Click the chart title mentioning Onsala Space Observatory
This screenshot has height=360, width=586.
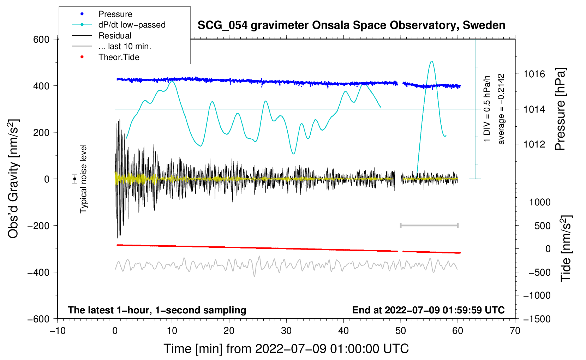point(351,25)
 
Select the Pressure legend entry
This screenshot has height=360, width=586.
point(115,14)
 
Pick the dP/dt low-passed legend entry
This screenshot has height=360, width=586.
point(132,25)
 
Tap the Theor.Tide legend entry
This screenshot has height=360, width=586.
point(119,57)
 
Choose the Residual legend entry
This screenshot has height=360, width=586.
point(115,36)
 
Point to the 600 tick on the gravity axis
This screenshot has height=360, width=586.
point(41,40)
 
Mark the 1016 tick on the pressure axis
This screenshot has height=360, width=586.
point(534,74)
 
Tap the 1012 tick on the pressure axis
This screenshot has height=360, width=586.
point(534,144)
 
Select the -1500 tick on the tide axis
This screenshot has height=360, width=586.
point(537,319)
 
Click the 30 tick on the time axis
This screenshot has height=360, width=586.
point(286,331)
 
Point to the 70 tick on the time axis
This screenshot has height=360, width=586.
point(515,331)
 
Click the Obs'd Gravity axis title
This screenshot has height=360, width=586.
point(13,179)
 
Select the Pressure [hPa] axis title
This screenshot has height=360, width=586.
point(561,109)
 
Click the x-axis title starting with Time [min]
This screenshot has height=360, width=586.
point(286,349)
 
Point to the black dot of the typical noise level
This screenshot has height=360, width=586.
point(75,179)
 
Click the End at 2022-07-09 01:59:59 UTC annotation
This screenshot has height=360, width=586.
point(428,310)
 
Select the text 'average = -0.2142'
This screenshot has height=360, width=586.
point(501,109)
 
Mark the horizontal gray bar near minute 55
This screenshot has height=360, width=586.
point(429,225)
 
